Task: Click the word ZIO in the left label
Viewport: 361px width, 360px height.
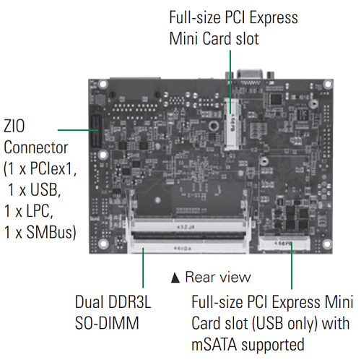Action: point(14,126)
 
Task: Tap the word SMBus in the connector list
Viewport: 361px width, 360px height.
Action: point(51,232)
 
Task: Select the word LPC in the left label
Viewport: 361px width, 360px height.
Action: point(40,211)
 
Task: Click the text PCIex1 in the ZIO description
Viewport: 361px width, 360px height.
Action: point(53,168)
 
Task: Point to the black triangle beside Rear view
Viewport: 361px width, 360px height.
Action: point(175,278)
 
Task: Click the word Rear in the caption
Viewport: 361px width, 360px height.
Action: point(200,277)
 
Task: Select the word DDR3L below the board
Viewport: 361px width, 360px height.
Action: point(130,301)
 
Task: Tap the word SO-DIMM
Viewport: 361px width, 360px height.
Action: point(107,323)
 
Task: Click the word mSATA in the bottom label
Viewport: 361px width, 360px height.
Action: point(214,344)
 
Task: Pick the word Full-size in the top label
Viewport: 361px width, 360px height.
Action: point(195,18)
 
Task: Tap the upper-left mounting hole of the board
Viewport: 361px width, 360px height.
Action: point(103,85)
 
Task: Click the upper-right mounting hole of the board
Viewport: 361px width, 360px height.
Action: point(327,84)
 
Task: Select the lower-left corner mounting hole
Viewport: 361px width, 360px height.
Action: point(103,244)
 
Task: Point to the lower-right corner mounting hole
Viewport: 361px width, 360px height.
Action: point(327,244)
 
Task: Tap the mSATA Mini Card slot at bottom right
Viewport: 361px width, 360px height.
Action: point(284,244)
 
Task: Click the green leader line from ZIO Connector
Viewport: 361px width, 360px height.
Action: point(78,130)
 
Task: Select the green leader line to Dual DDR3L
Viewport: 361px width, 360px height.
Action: point(143,267)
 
